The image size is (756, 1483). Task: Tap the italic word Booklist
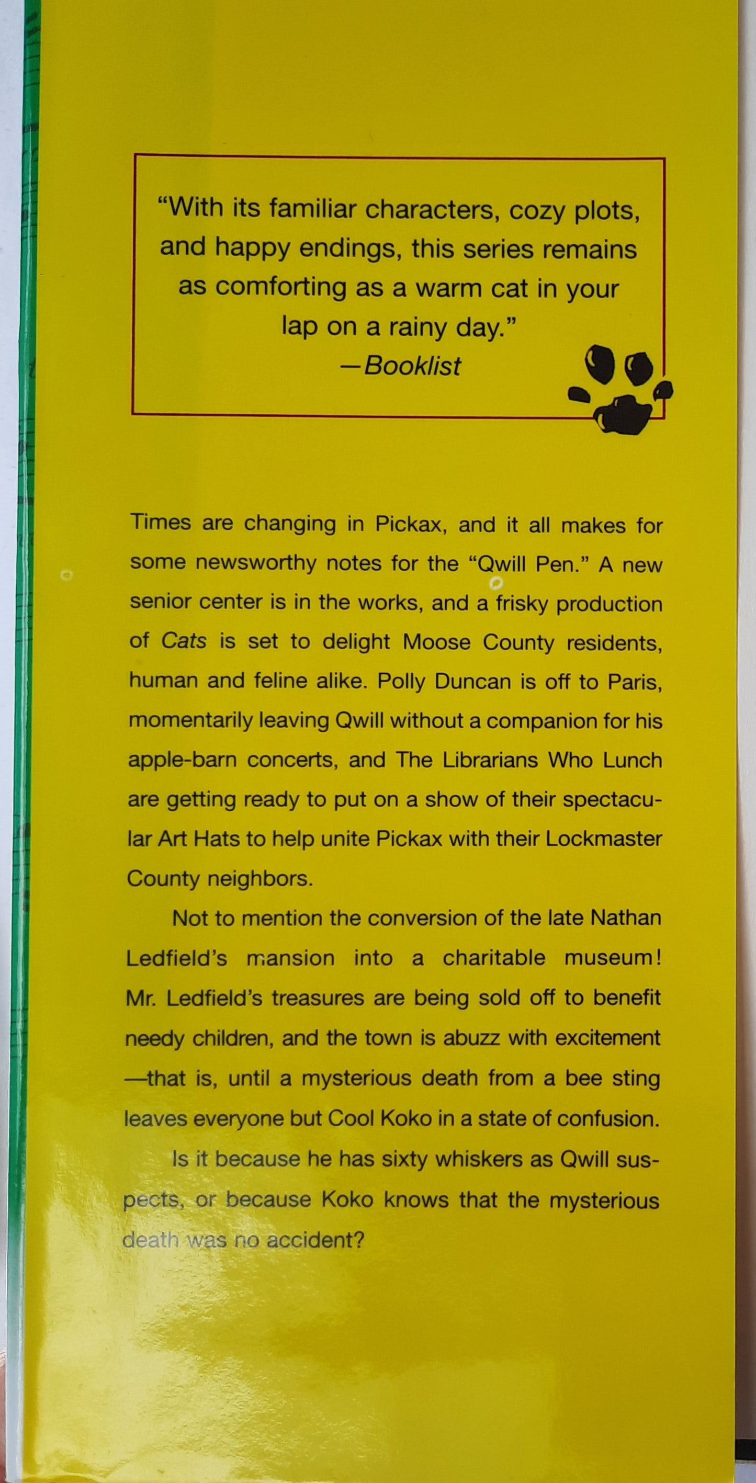pos(412,366)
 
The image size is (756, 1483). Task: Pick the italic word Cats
pos(184,641)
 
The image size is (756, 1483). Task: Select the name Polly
pos(401,682)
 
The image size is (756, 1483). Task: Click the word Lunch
pos(632,760)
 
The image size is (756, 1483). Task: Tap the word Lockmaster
pos(603,838)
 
